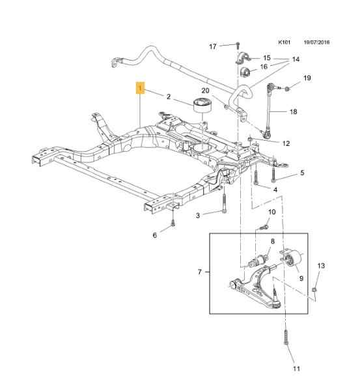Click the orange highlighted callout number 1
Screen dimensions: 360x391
pyautogui.click(x=140, y=88)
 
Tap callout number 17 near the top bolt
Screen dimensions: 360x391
pyautogui.click(x=213, y=47)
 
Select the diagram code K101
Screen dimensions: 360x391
pyautogui.click(x=284, y=42)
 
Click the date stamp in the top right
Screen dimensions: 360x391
pyautogui.click(x=316, y=42)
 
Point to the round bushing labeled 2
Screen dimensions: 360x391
pyautogui.click(x=202, y=106)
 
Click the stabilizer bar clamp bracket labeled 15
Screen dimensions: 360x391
pyautogui.click(x=242, y=59)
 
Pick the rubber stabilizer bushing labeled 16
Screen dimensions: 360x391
pyautogui.click(x=245, y=72)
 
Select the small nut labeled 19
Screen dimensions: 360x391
pyautogui.click(x=287, y=88)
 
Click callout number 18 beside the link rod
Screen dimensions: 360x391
pyautogui.click(x=294, y=111)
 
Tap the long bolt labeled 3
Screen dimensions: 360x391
pyautogui.click(x=224, y=203)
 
